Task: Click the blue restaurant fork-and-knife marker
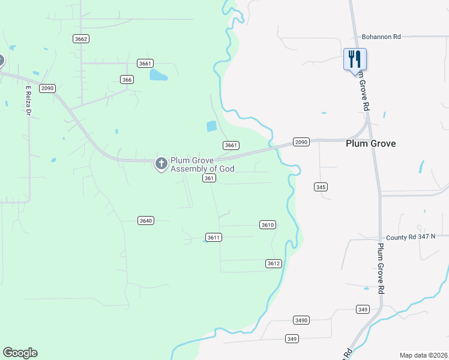tap(355, 59)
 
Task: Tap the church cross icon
tap(161, 163)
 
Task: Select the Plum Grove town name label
tap(370, 144)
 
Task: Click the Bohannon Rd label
tap(381, 37)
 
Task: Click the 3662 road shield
tap(81, 39)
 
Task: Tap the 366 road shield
tap(126, 79)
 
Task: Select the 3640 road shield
tap(145, 220)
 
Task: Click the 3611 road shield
tap(214, 237)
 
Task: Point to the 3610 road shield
tap(268, 224)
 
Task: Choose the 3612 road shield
tap(273, 263)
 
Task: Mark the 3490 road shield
tap(301, 320)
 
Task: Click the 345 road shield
tap(321, 187)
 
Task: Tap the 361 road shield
tap(209, 178)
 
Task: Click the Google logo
tap(20, 353)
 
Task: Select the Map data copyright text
tap(423, 355)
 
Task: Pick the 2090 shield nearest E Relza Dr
tap(47, 88)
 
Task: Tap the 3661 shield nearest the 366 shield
tap(145, 63)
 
